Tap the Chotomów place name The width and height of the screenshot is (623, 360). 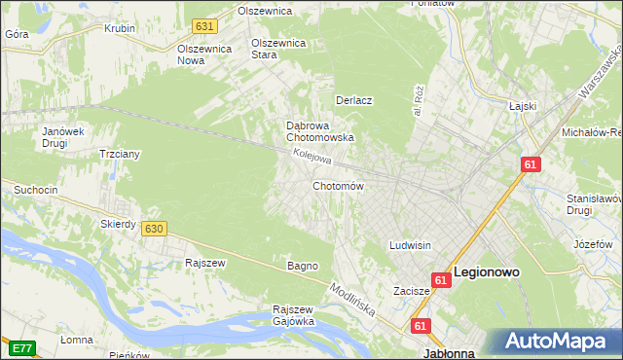click(338, 186)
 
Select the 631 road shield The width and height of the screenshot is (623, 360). click(203, 26)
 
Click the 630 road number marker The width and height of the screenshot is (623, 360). click(153, 228)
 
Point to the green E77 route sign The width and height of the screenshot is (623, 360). click(20, 347)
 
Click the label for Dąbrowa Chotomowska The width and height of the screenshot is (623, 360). click(318, 131)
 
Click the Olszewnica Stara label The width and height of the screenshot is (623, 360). click(279, 49)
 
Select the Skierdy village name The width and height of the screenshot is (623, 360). click(118, 224)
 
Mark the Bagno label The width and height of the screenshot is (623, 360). click(302, 266)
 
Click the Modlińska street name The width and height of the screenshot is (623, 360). click(351, 302)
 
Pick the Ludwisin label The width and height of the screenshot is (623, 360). click(410, 245)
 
